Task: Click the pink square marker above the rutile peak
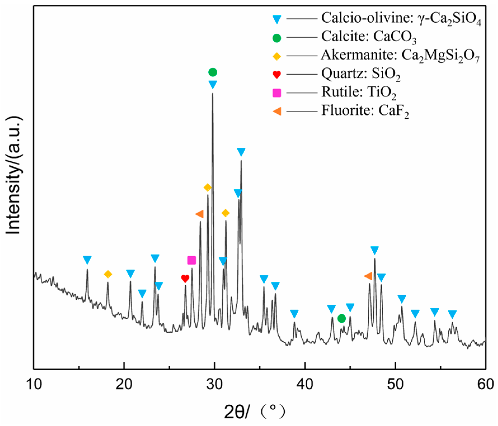[192, 260]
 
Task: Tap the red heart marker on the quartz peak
[185, 278]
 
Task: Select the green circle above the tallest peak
[213, 72]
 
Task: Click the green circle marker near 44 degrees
[341, 318]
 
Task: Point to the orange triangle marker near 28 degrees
[200, 214]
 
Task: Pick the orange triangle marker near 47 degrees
[368, 276]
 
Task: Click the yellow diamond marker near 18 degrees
[108, 274]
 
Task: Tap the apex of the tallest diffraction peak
[213, 94]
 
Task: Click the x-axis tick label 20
[124, 384]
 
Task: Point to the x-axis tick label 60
[485, 384]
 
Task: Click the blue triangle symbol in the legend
[277, 20]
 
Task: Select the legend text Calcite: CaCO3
[369, 37]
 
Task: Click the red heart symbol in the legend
[277, 75]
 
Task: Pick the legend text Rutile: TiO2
[358, 92]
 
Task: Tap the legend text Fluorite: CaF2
[365, 111]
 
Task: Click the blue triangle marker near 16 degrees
[87, 260]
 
